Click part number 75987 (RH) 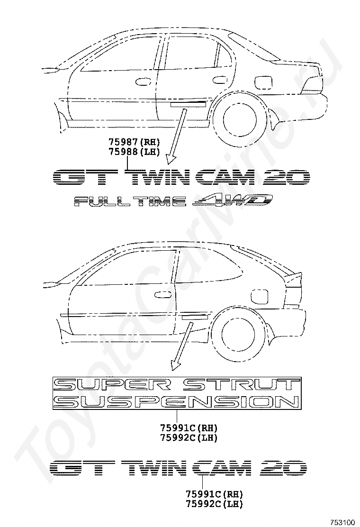click(x=134, y=142)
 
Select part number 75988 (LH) click(x=134, y=151)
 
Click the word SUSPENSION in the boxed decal click(x=176, y=402)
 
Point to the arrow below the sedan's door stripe click(x=176, y=134)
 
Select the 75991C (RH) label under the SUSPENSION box click(x=189, y=427)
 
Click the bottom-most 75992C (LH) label click(x=214, y=503)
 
